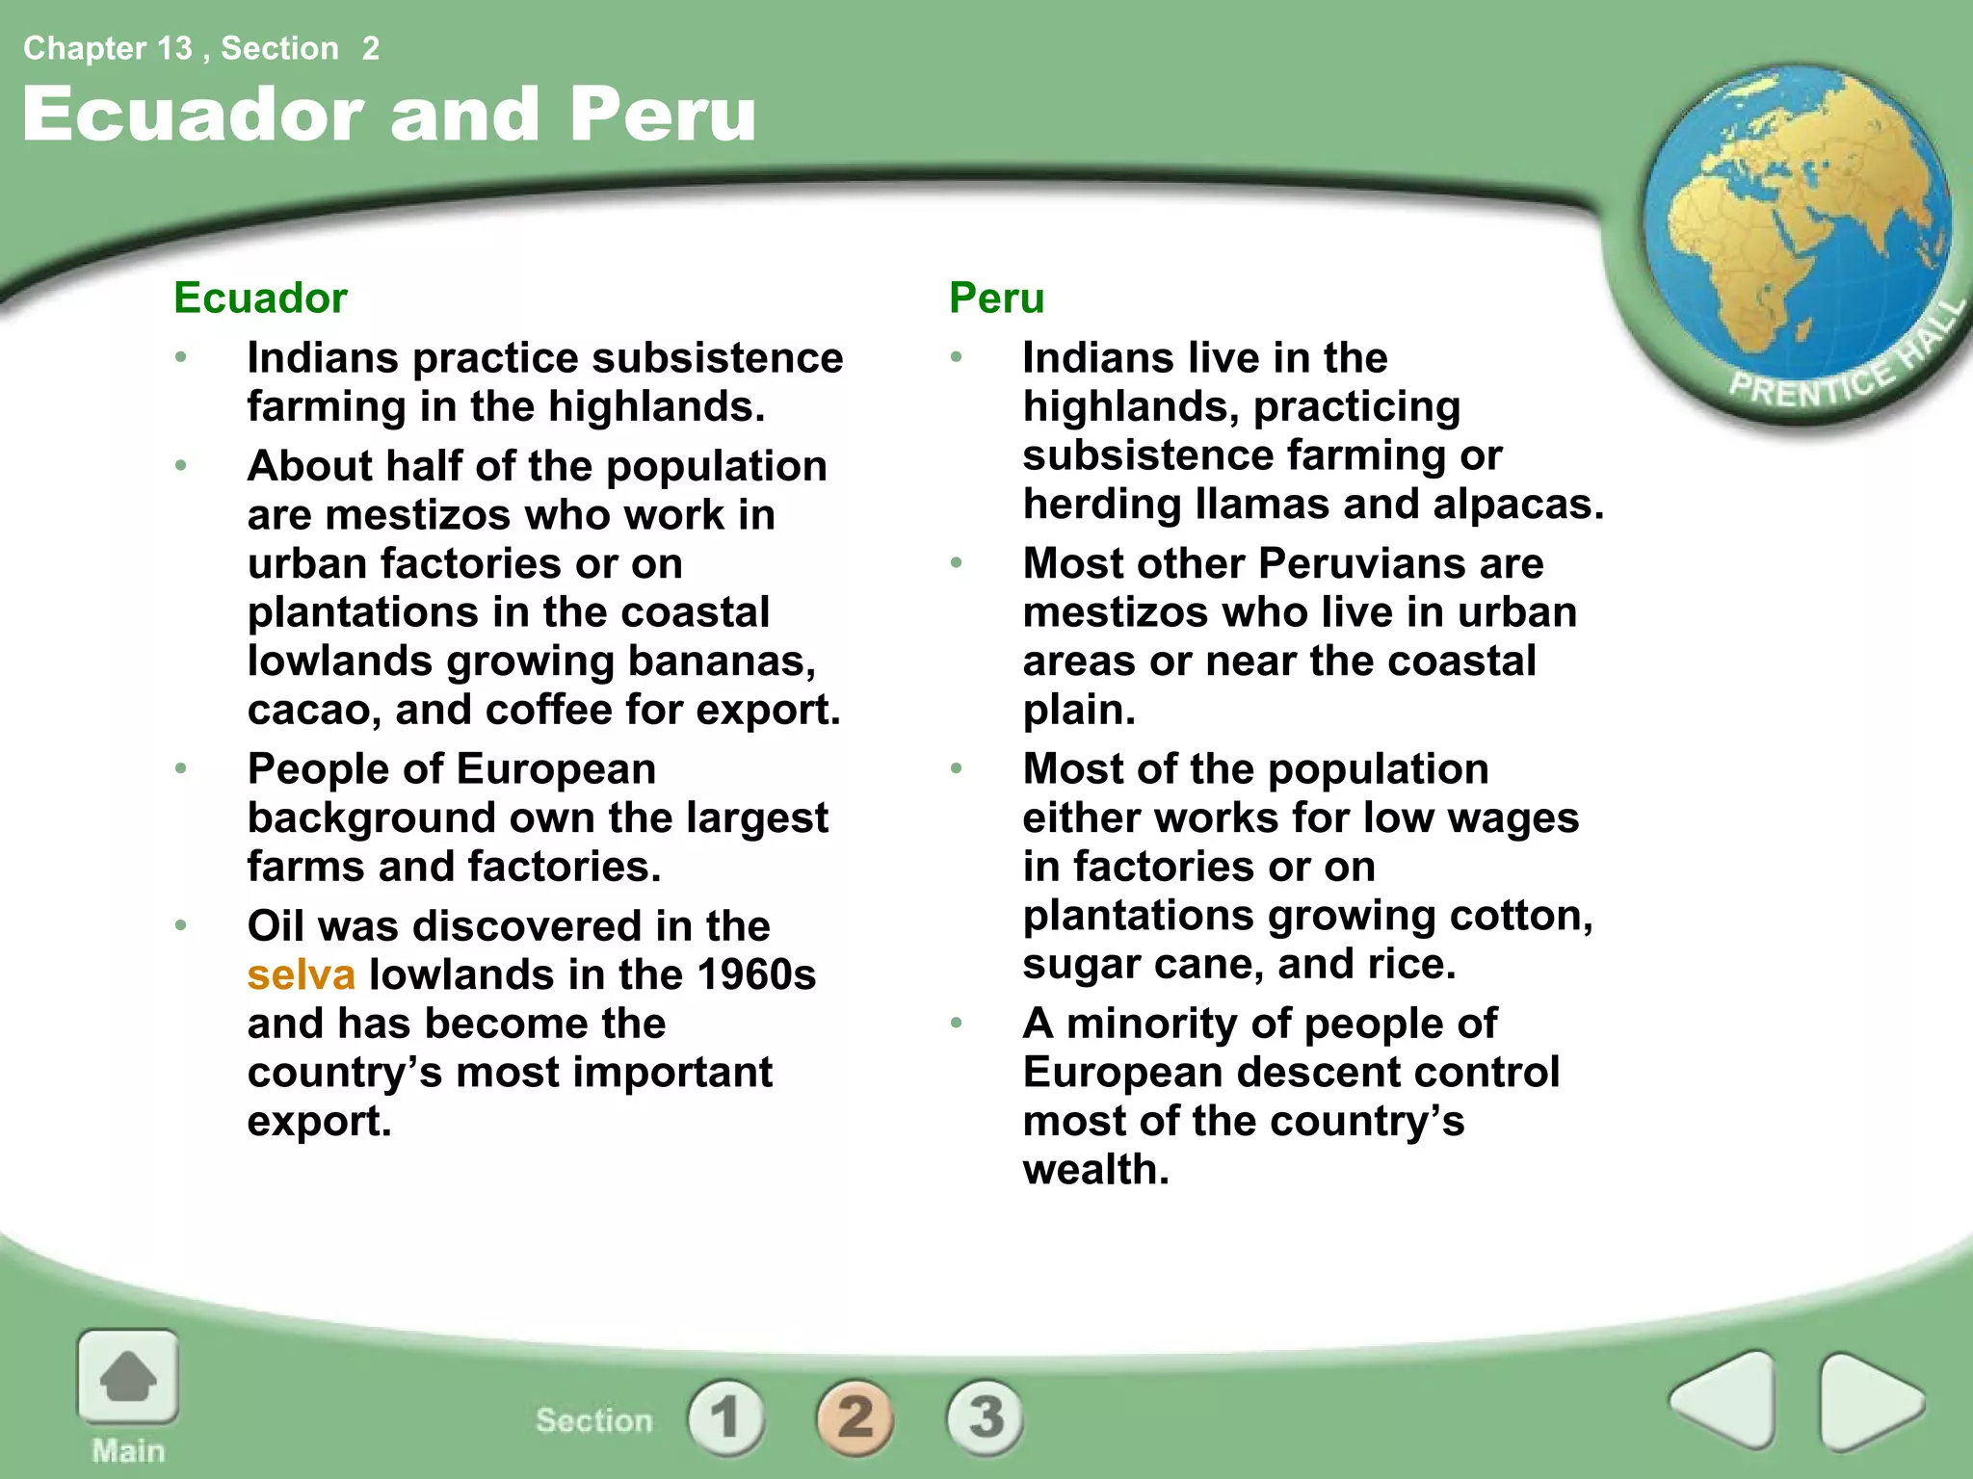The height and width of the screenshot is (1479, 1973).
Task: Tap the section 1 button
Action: pyautogui.click(x=725, y=1416)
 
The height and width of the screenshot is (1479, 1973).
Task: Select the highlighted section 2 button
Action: pyautogui.click(x=855, y=1416)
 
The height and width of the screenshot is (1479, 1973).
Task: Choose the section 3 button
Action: pyautogui.click(x=985, y=1416)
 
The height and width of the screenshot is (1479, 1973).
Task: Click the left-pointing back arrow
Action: pyautogui.click(x=1724, y=1400)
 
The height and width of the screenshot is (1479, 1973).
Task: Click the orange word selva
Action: pyautogui.click(x=302, y=975)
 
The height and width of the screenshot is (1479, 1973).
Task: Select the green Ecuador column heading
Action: pyautogui.click(x=260, y=298)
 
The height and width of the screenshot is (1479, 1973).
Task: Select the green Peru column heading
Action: pyautogui.click(x=996, y=298)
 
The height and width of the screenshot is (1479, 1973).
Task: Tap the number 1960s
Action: pyautogui.click(x=756, y=975)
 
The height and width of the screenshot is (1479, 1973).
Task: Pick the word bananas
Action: pyautogui.click(x=722, y=662)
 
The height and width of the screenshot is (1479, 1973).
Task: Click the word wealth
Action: pyautogui.click(x=1095, y=1170)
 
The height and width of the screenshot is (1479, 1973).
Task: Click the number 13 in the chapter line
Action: pyautogui.click(x=173, y=48)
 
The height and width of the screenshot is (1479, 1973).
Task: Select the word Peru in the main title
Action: pyautogui.click(x=663, y=114)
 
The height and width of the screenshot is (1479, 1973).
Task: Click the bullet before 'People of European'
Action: pyautogui.click(x=181, y=768)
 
